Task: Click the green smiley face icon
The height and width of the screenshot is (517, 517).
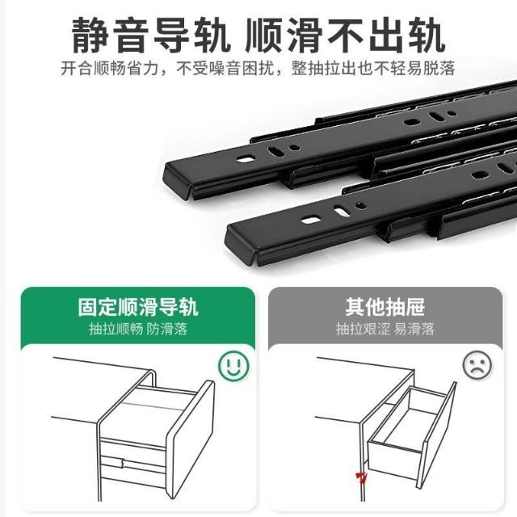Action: pos(233,366)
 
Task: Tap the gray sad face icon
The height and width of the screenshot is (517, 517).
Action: pos(477,365)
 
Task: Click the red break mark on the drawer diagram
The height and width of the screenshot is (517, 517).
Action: pos(361,477)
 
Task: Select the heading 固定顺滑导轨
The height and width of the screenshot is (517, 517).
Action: pos(138,307)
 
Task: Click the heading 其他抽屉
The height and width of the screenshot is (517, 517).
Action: pos(385,307)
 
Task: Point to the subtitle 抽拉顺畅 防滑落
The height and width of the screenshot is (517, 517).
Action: pos(138,329)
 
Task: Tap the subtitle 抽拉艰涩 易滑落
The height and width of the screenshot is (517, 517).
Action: pos(385,329)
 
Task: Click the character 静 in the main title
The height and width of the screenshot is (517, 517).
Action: pos(90,36)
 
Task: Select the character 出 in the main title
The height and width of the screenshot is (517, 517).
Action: pos(386,36)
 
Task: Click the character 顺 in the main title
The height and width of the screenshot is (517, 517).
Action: pos(264,36)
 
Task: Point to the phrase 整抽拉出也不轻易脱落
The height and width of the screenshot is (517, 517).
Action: pos(373,68)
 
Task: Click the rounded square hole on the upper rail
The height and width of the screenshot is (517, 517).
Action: pos(246,159)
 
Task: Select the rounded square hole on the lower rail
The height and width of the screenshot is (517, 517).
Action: pos(311,220)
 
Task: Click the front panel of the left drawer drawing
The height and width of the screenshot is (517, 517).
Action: pos(190,439)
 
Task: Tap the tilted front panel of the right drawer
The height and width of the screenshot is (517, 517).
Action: pos(436,435)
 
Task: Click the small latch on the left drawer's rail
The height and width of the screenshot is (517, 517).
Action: pos(123,463)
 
